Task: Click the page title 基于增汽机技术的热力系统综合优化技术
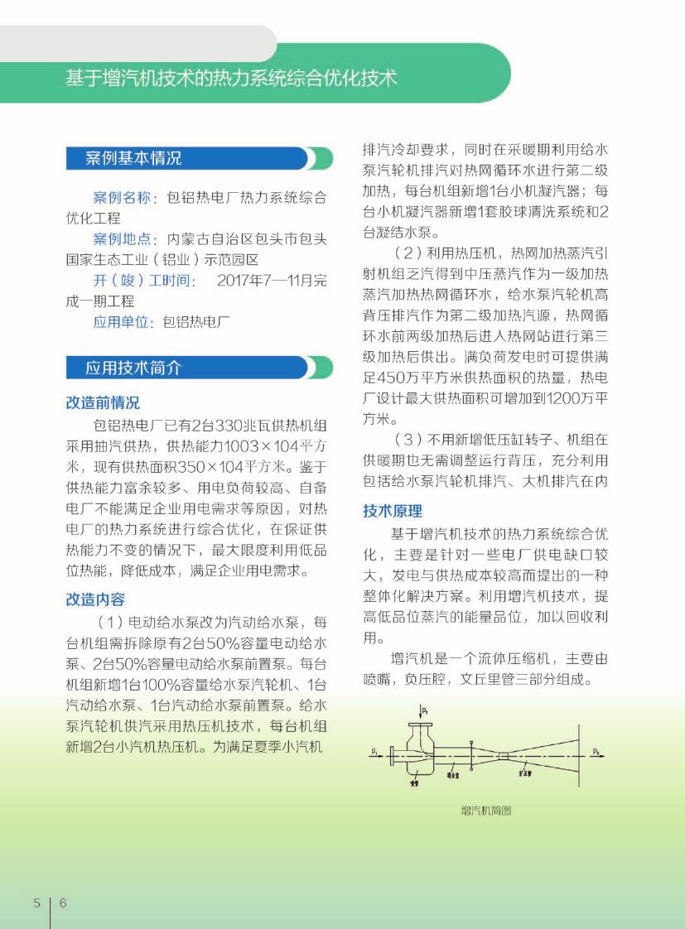231,78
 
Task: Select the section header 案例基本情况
133,158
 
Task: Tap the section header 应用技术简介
133,368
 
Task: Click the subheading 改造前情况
103,403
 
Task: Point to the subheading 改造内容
95,599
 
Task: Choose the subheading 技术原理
393,511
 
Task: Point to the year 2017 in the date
234,281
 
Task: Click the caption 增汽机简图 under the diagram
485,811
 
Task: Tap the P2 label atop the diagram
425,710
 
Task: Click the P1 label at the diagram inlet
375,751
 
